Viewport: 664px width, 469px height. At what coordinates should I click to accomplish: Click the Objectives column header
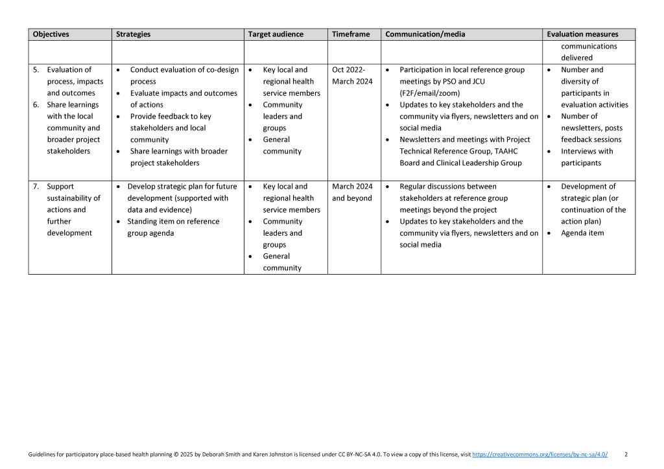pos(51,34)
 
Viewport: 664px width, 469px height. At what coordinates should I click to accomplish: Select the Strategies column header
pos(132,34)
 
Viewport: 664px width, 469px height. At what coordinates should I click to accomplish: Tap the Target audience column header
pos(276,34)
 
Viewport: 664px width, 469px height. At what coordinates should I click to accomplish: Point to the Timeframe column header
pos(351,34)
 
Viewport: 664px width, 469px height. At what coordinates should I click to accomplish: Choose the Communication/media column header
pos(425,34)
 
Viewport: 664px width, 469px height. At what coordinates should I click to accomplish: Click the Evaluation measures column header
pos(582,34)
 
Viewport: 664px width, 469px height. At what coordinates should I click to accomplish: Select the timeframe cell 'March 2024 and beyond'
pos(352,192)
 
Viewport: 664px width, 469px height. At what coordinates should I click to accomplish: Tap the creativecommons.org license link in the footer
pos(540,455)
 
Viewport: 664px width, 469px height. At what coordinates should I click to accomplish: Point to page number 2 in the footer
pos(626,455)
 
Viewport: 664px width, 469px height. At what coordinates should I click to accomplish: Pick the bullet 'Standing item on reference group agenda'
pos(174,227)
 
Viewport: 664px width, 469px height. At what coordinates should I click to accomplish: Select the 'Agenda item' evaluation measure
pos(582,233)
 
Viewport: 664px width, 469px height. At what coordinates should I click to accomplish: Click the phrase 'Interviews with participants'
pos(586,157)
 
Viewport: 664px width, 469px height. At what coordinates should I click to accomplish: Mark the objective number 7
pos(36,187)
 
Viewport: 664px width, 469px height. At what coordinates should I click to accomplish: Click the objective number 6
pos(36,105)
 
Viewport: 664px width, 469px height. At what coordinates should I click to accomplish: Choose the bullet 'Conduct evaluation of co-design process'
pos(184,76)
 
